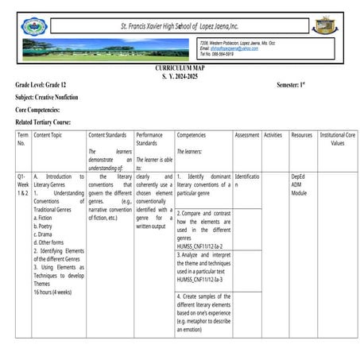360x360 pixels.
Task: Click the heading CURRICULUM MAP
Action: pyautogui.click(x=180, y=69)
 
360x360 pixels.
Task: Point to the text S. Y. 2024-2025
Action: pyautogui.click(x=180, y=76)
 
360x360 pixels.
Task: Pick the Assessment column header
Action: pyautogui.click(x=246, y=136)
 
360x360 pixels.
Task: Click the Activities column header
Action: pyautogui.click(x=273, y=136)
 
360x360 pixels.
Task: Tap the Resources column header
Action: pyautogui.click(x=301, y=136)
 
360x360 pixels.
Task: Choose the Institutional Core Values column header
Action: pyautogui.click(x=337, y=139)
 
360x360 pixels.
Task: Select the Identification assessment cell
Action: pyautogui.click(x=246, y=180)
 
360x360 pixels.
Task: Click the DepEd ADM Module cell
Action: pyautogui.click(x=299, y=184)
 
